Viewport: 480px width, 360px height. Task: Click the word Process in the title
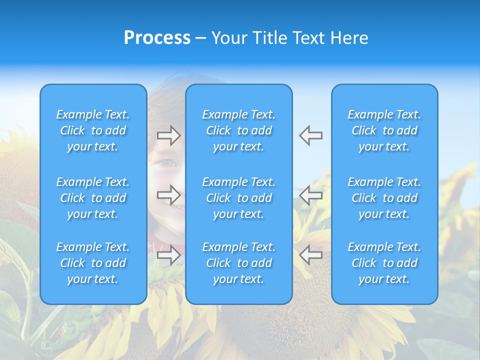157,38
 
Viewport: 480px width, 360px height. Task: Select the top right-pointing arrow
168,135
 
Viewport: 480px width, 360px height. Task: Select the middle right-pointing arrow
168,194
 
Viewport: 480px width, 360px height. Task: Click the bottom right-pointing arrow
168,254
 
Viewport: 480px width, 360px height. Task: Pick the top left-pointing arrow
310,135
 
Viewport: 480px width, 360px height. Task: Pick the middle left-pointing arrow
310,194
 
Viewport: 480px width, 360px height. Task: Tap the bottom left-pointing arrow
310,254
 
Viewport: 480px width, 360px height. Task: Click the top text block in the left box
93,130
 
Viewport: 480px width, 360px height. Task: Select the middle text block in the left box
93,198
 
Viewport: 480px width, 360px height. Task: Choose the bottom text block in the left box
93,263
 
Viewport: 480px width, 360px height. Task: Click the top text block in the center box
238,130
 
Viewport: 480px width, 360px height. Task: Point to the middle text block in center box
238,198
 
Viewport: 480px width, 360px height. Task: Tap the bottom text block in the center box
238,263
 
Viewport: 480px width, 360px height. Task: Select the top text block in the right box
384,130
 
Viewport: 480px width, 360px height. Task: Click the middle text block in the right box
384,198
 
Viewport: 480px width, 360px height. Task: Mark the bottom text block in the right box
384,263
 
